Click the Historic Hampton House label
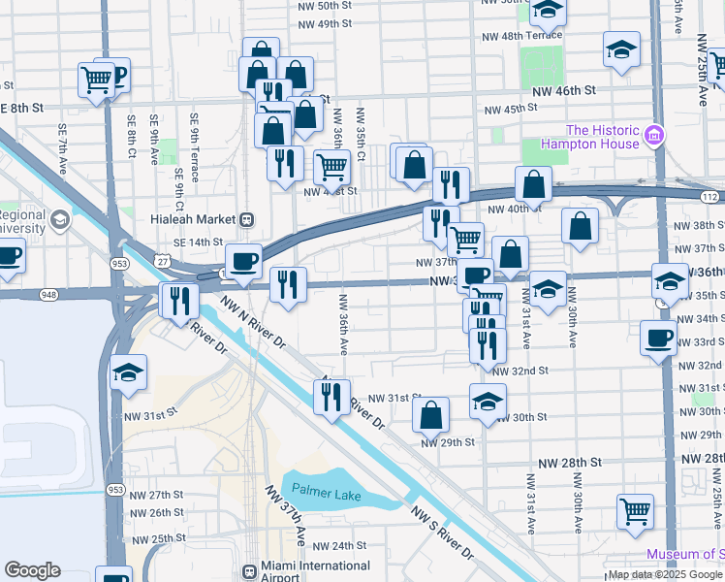point(602,137)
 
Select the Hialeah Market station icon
point(247,219)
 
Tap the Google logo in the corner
point(32,570)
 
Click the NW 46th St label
point(562,90)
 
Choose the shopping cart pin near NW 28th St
point(635,510)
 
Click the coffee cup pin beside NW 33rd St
point(659,339)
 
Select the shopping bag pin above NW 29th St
point(430,415)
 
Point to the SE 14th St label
point(198,242)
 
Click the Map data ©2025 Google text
point(665,574)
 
